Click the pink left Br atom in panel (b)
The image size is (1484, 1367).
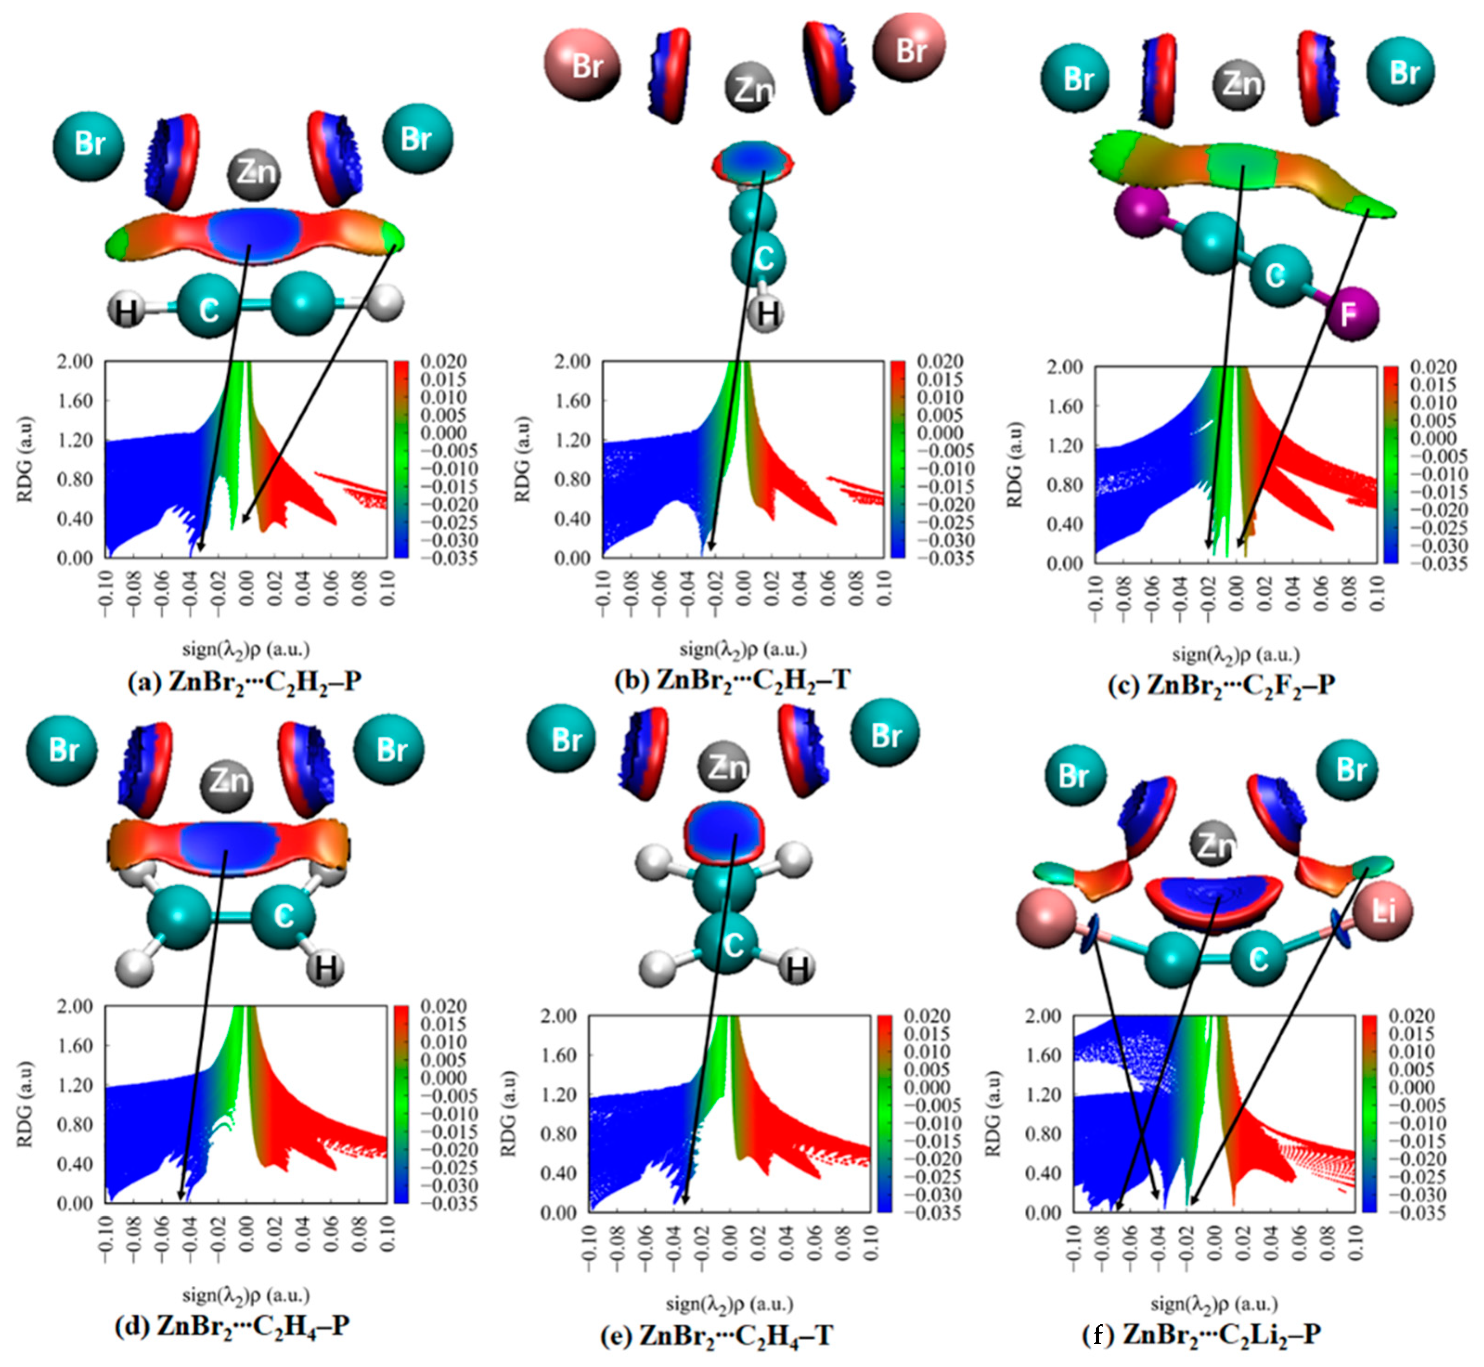pyautogui.click(x=583, y=65)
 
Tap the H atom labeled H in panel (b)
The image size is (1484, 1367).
pyautogui.click(x=766, y=314)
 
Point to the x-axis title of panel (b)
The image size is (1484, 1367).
pyautogui.click(x=742, y=649)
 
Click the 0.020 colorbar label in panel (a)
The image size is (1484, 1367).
pyautogui.click(x=443, y=362)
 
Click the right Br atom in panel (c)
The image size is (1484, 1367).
pyautogui.click(x=1401, y=72)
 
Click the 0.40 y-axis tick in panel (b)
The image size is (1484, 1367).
pyautogui.click(x=573, y=519)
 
